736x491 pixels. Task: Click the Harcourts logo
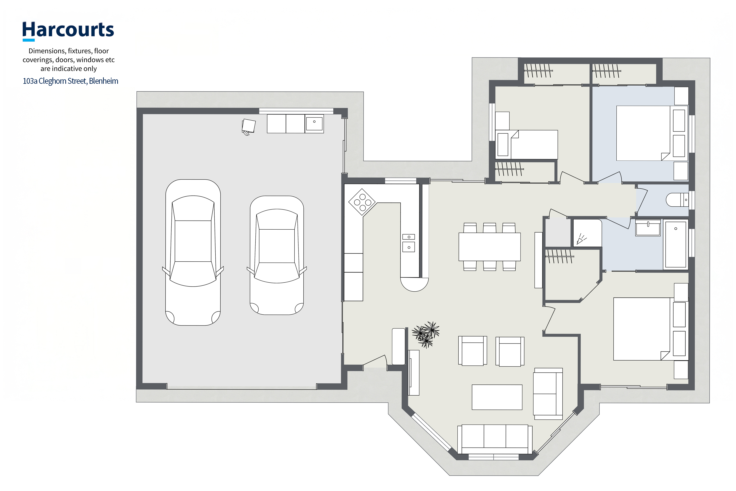click(68, 31)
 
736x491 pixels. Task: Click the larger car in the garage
click(193, 252)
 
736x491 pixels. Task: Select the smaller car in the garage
click(277, 255)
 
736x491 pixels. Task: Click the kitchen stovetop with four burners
click(362, 202)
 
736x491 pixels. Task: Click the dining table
click(489, 247)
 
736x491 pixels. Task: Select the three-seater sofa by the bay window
click(495, 439)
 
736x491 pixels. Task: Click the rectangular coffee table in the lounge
click(497, 397)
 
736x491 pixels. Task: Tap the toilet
click(677, 200)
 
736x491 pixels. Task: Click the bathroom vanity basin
click(648, 228)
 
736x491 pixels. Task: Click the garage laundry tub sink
click(314, 124)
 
